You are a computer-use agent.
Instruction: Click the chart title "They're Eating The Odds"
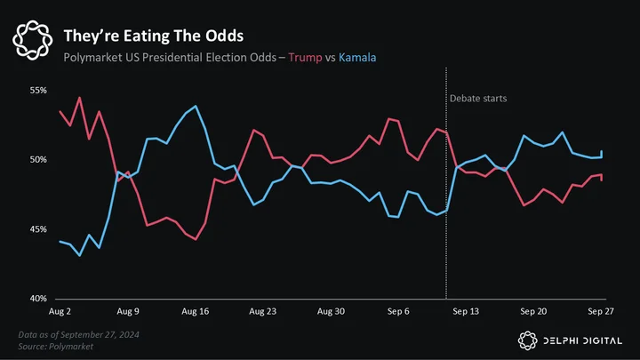click(x=154, y=36)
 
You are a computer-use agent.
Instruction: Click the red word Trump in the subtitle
click(x=305, y=58)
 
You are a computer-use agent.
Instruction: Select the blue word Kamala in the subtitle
click(x=357, y=58)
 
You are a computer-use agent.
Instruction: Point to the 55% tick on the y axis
click(x=38, y=90)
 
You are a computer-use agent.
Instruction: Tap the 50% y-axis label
click(x=38, y=160)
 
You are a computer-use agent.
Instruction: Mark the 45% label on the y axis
click(x=38, y=229)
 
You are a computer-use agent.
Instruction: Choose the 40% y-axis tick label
click(x=38, y=299)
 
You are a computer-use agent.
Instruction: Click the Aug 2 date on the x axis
click(x=60, y=311)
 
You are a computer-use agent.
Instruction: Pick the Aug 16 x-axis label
click(x=195, y=311)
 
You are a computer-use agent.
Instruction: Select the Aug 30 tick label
click(x=331, y=311)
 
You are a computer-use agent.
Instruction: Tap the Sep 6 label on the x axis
click(x=398, y=311)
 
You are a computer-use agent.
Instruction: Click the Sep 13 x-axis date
click(x=466, y=311)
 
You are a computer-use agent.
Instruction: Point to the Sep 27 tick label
click(x=600, y=311)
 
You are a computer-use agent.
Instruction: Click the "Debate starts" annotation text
click(x=478, y=99)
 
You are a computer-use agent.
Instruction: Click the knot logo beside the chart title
click(x=33, y=40)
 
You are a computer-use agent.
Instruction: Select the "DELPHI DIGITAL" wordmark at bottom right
click(x=582, y=340)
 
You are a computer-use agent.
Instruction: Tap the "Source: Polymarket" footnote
click(x=55, y=347)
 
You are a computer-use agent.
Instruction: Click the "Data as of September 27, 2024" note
click(x=79, y=335)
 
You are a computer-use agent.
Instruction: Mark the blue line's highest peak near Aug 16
click(x=196, y=106)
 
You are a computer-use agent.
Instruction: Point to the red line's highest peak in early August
click(x=80, y=98)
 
